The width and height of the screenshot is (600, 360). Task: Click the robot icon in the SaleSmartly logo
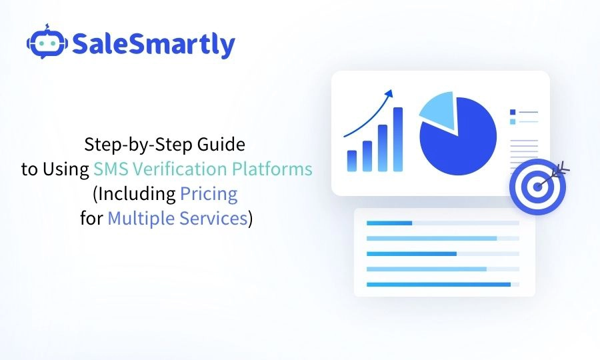46,43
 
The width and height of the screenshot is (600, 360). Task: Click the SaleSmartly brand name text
153,45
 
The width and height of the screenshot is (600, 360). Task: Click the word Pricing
209,194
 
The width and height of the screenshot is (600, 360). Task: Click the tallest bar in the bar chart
397,139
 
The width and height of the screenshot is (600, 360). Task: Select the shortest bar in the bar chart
352,161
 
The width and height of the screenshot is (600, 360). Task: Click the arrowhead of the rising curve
389,93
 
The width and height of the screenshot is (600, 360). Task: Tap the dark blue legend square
512,112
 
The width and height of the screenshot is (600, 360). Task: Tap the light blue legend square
512,122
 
